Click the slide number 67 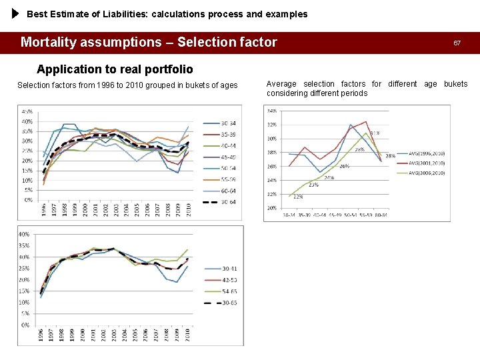[457, 43]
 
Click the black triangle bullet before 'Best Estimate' [15, 13]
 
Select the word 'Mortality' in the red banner [51, 43]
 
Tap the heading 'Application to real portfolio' [115, 69]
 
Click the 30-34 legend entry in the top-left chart [229, 123]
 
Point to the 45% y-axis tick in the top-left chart [27, 111]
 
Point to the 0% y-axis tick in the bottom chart [25, 325]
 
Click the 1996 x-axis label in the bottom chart [41, 335]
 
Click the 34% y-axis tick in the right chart [272, 111]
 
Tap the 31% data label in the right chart [376, 133]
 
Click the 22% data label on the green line [297, 197]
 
